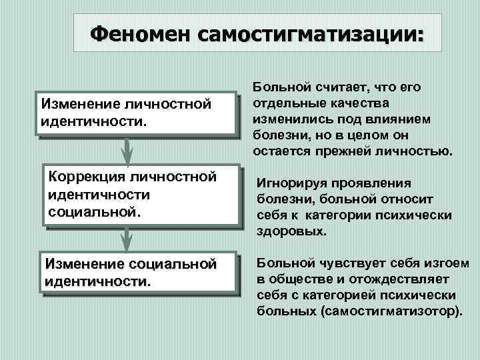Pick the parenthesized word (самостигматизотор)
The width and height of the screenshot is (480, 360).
click(394, 311)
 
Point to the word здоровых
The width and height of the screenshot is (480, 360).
click(291, 233)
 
